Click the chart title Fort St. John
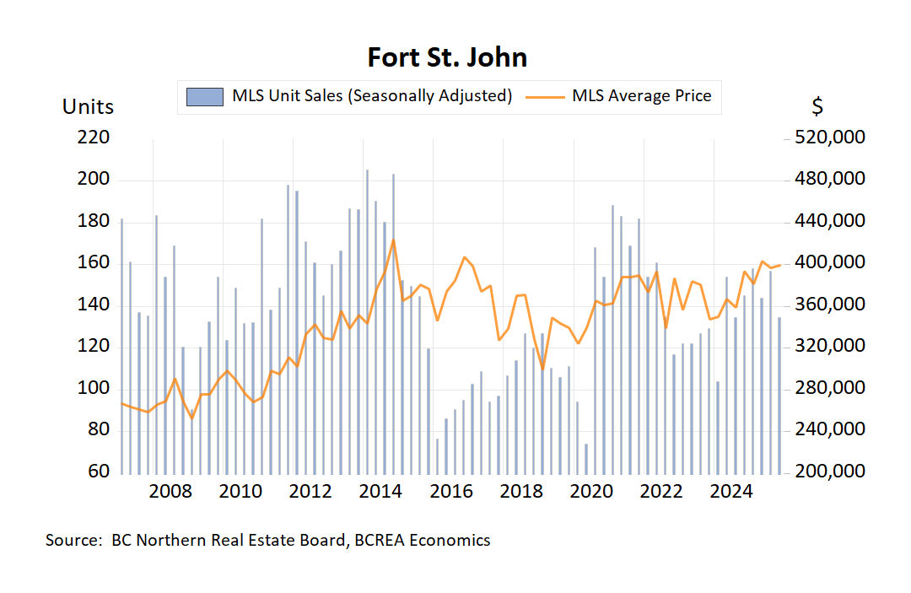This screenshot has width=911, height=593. coord(447,57)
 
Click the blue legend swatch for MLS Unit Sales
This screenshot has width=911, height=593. coord(205,96)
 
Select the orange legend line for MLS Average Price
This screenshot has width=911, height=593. coord(545,96)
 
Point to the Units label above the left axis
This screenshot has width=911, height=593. coord(88,107)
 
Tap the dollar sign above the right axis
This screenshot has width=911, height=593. coord(817,107)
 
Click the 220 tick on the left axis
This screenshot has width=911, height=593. coord(94,137)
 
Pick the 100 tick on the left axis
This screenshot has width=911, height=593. coord(94,388)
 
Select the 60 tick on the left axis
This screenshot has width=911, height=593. coord(99,471)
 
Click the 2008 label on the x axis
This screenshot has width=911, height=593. coord(171,492)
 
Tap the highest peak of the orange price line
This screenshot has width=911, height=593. coord(393,240)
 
